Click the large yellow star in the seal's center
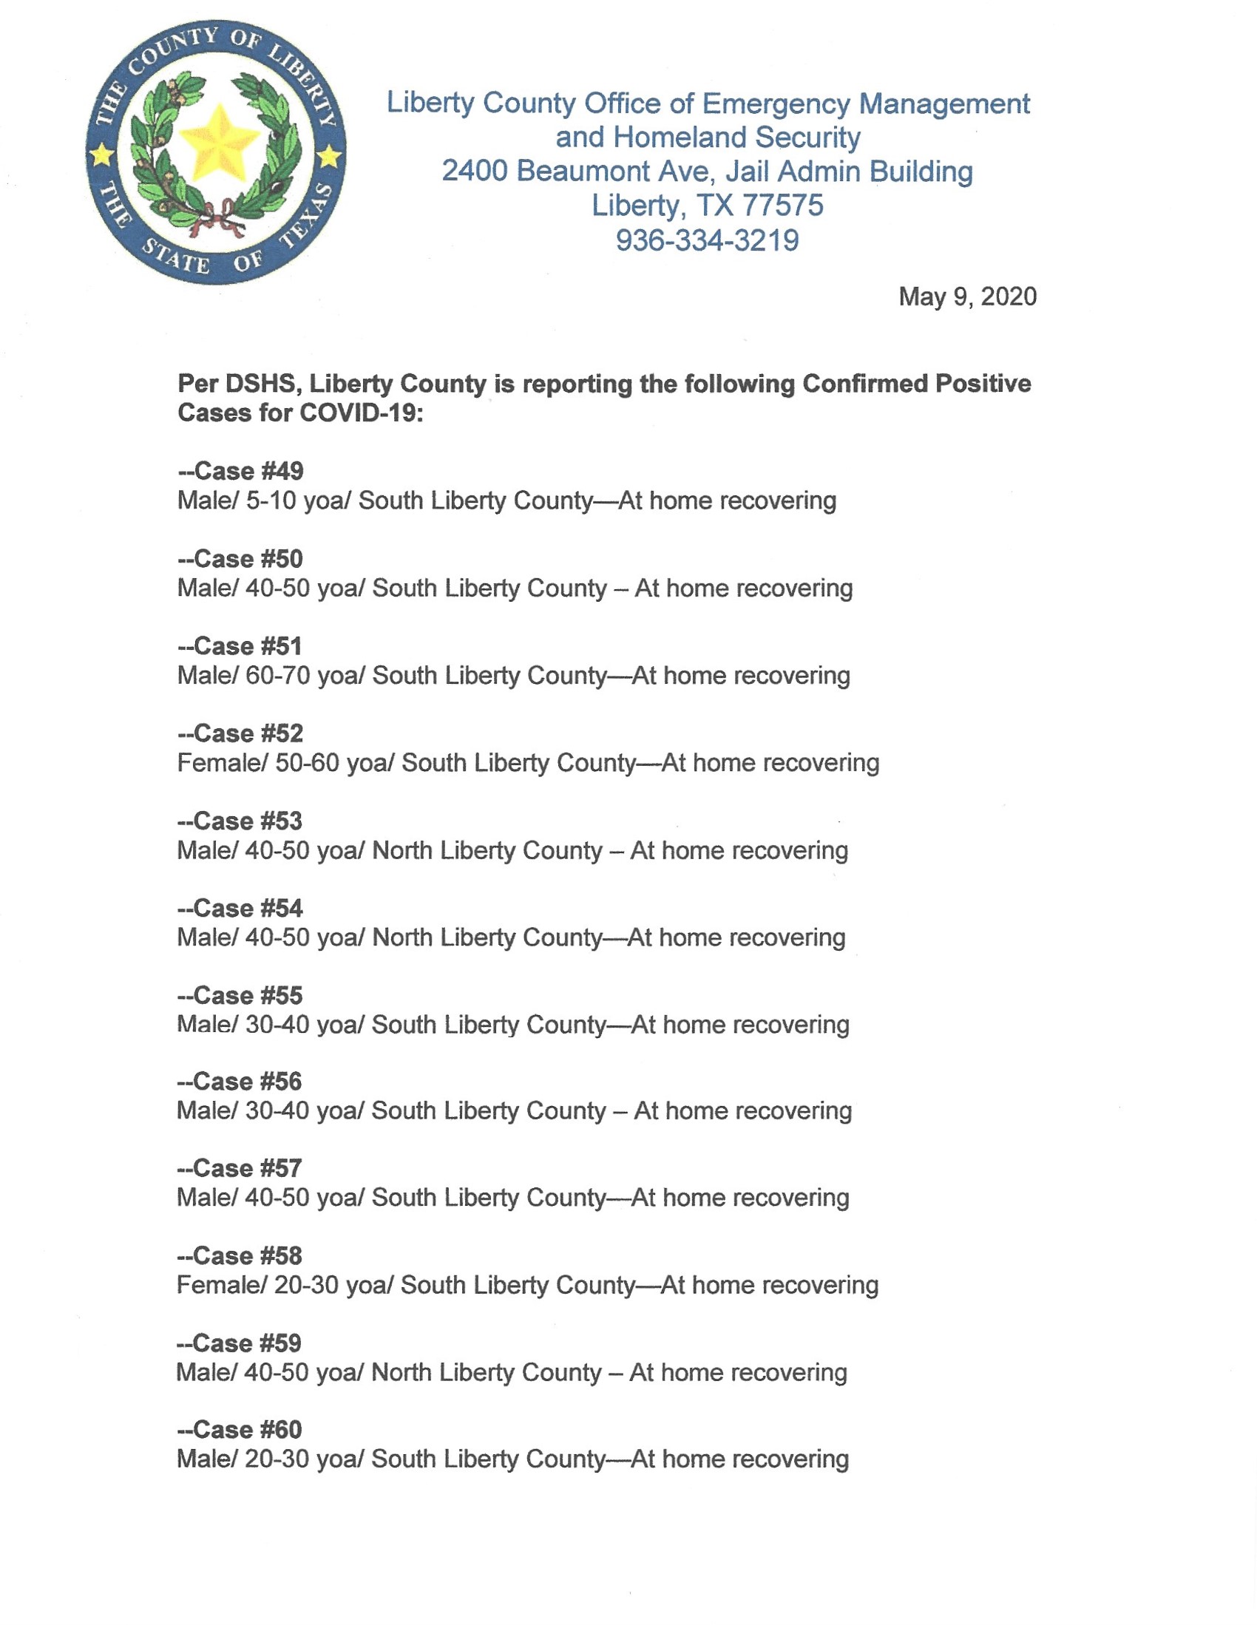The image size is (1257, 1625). pos(219,144)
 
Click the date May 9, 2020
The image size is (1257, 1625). pos(966,296)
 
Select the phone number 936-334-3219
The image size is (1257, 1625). pos(707,240)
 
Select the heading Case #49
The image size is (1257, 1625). pos(241,471)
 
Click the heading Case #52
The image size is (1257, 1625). pos(241,733)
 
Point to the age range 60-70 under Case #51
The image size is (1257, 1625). pos(277,676)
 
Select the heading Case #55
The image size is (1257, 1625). pos(241,996)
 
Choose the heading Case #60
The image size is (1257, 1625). pos(240,1429)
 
